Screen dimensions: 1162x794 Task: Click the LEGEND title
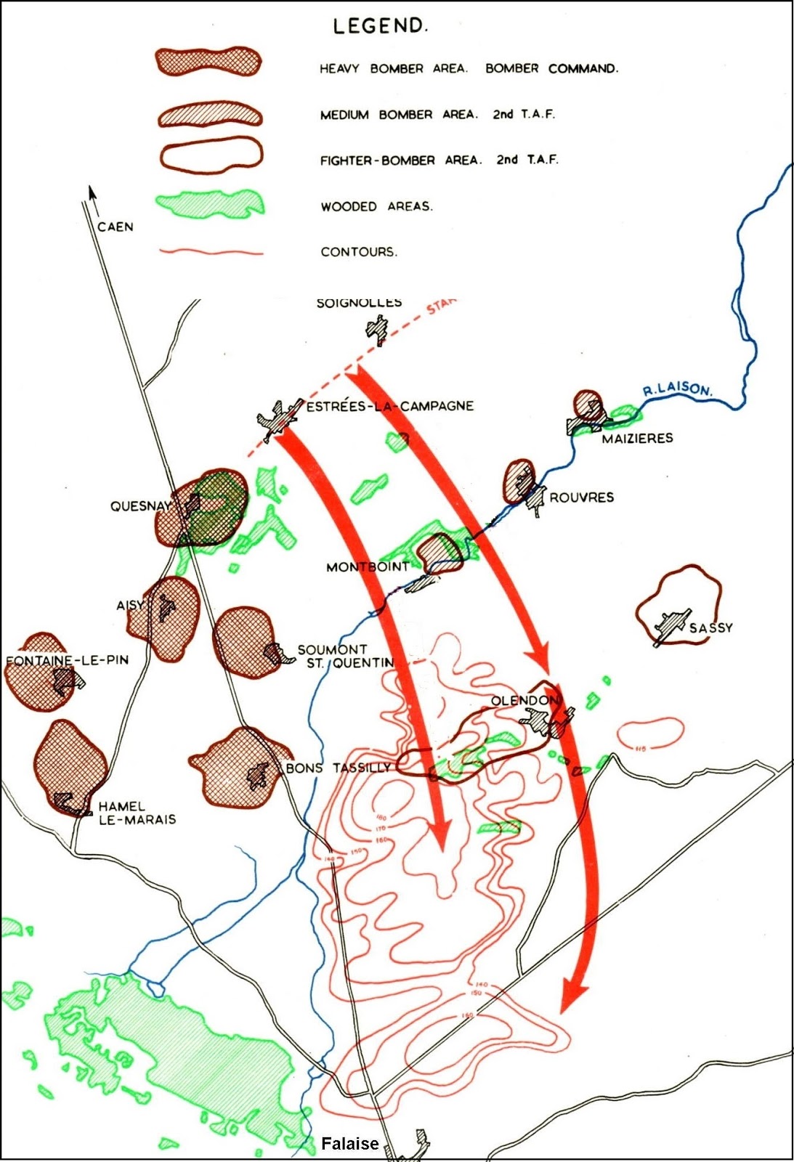380,26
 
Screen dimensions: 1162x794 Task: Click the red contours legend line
211,253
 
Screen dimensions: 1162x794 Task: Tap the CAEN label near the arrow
116,227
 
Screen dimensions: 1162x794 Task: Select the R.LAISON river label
677,389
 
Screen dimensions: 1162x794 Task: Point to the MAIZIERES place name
637,438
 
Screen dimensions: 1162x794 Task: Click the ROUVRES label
581,497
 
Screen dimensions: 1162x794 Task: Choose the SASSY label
710,627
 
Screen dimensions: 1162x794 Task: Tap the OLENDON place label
524,701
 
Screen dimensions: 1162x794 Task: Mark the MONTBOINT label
368,566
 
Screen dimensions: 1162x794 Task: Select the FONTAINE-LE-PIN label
67,660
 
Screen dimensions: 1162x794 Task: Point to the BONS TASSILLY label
339,768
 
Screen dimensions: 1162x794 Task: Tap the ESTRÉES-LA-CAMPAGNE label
389,406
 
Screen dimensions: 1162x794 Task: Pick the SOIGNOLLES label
359,304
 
